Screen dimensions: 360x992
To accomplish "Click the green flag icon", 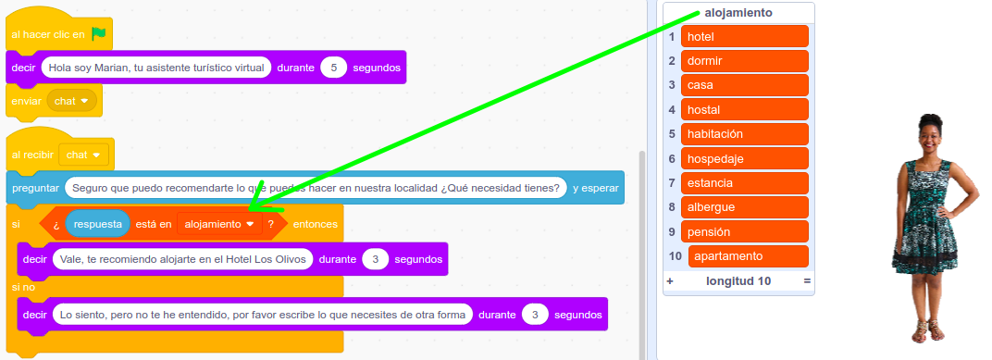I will [99, 34].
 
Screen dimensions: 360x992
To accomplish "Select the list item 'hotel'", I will [744, 37].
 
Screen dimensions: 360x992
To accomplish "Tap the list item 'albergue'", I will [744, 206].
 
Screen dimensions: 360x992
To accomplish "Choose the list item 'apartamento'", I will [748, 255].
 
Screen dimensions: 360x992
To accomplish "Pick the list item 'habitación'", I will [744, 134].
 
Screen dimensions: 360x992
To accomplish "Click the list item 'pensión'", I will [744, 231].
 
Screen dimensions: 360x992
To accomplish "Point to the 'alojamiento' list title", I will [738, 12].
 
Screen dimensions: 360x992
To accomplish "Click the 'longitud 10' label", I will [738, 280].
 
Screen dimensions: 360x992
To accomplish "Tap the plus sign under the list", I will [670, 280].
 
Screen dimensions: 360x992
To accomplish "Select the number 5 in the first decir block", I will [333, 68].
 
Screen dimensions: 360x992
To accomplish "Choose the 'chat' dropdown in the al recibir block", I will [83, 155].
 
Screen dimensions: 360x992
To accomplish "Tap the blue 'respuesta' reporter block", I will [97, 224].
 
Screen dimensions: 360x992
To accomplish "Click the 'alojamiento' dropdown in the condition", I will [219, 224].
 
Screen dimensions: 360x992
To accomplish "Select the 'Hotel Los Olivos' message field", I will [182, 259].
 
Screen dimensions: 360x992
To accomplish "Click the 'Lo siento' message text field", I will [262, 315].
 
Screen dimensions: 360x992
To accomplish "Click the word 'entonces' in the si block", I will [315, 224].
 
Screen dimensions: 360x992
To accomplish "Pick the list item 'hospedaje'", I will [744, 158].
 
